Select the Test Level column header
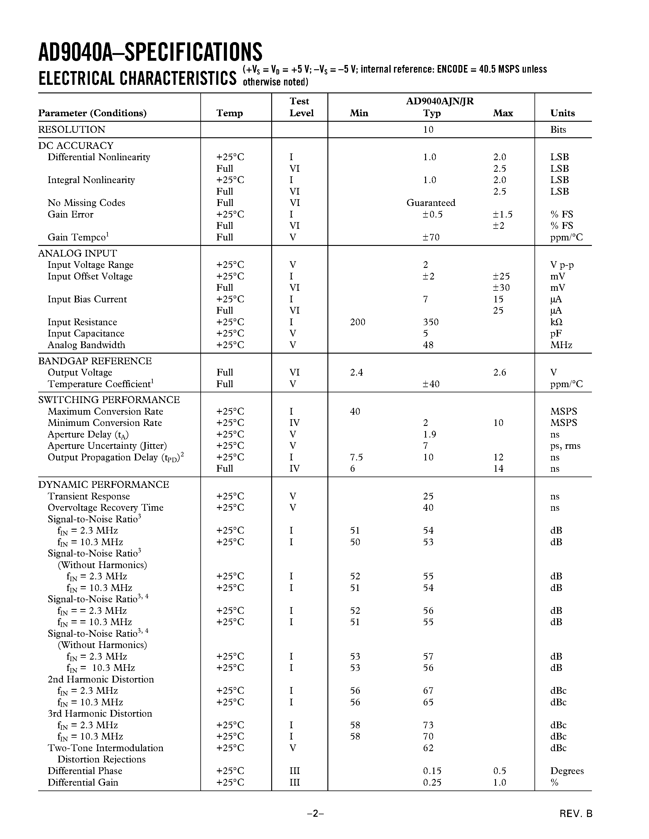[301, 107]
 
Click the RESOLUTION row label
[71, 129]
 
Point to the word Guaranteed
[431, 203]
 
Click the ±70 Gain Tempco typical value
[431, 237]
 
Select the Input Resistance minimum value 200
[357, 322]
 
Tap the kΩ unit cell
[556, 322]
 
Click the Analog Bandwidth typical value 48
[428, 345]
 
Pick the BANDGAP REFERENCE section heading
[95, 361]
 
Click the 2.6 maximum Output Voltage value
[499, 372]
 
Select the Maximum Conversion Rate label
[105, 412]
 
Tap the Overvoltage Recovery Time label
[105, 507]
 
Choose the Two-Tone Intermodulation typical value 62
[428, 748]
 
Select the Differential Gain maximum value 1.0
[499, 783]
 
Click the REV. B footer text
[576, 814]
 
